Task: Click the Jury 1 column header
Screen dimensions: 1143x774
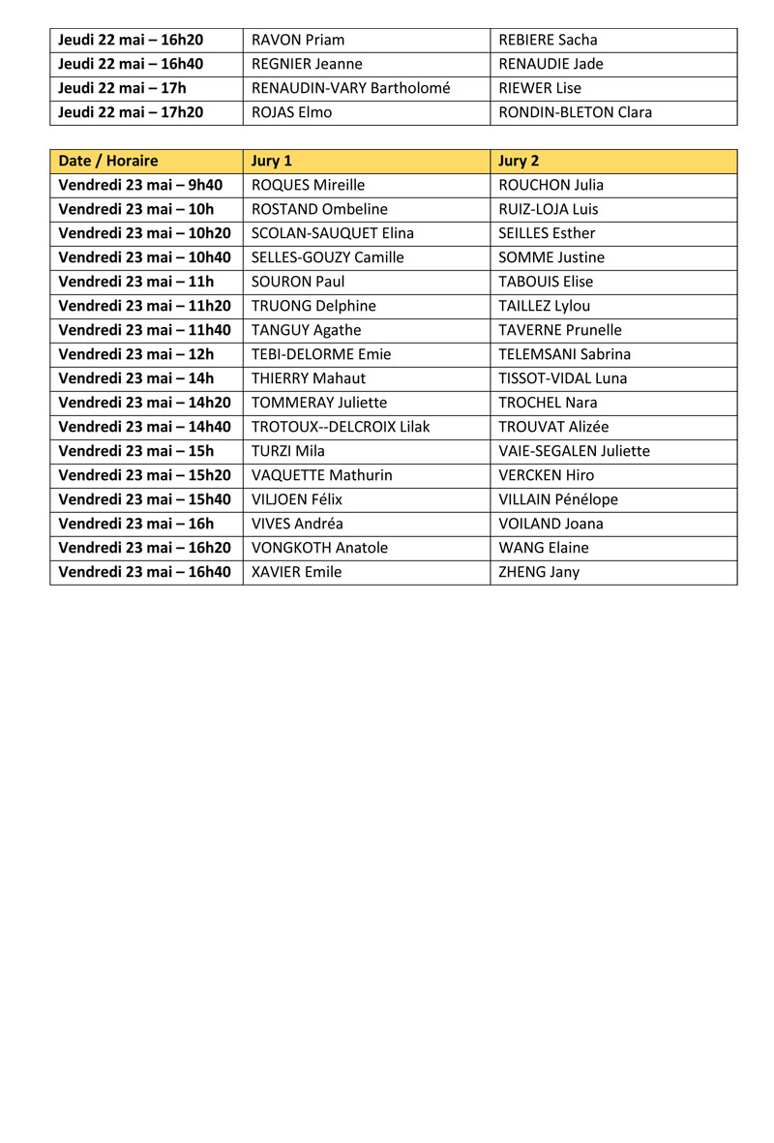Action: pyautogui.click(x=272, y=161)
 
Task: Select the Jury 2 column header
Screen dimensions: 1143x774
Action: pyautogui.click(x=519, y=161)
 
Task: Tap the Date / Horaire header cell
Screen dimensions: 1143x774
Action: pyautogui.click(x=108, y=161)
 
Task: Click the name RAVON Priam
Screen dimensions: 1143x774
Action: pyautogui.click(x=298, y=40)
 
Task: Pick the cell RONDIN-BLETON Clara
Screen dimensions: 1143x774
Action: pyautogui.click(x=575, y=112)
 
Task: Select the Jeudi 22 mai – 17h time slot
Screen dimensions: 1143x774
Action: pyautogui.click(x=123, y=88)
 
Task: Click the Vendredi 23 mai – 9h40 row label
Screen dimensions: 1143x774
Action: pyautogui.click(x=140, y=185)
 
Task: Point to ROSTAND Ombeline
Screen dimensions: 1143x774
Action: pyautogui.click(x=319, y=209)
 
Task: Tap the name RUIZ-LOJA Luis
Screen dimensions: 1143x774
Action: pyautogui.click(x=549, y=209)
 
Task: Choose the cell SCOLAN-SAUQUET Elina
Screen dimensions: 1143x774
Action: pyautogui.click(x=333, y=233)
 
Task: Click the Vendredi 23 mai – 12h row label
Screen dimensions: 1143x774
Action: pyautogui.click(x=136, y=354)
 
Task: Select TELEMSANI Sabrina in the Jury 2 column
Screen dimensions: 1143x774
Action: pyautogui.click(x=564, y=354)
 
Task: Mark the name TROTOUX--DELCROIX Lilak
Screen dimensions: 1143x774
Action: pyautogui.click(x=341, y=427)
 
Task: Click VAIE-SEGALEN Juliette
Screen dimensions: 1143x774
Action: pyautogui.click(x=574, y=451)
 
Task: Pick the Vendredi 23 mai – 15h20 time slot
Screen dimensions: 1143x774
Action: pyautogui.click(x=145, y=475)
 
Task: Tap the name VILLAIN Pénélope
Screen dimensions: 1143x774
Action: pyautogui.click(x=558, y=499)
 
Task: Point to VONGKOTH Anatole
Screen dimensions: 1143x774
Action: pyautogui.click(x=319, y=548)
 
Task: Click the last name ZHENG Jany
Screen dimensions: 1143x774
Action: pyautogui.click(x=539, y=572)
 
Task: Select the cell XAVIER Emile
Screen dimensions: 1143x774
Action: pyautogui.click(x=297, y=572)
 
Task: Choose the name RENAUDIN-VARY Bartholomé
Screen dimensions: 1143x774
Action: pyautogui.click(x=351, y=88)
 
